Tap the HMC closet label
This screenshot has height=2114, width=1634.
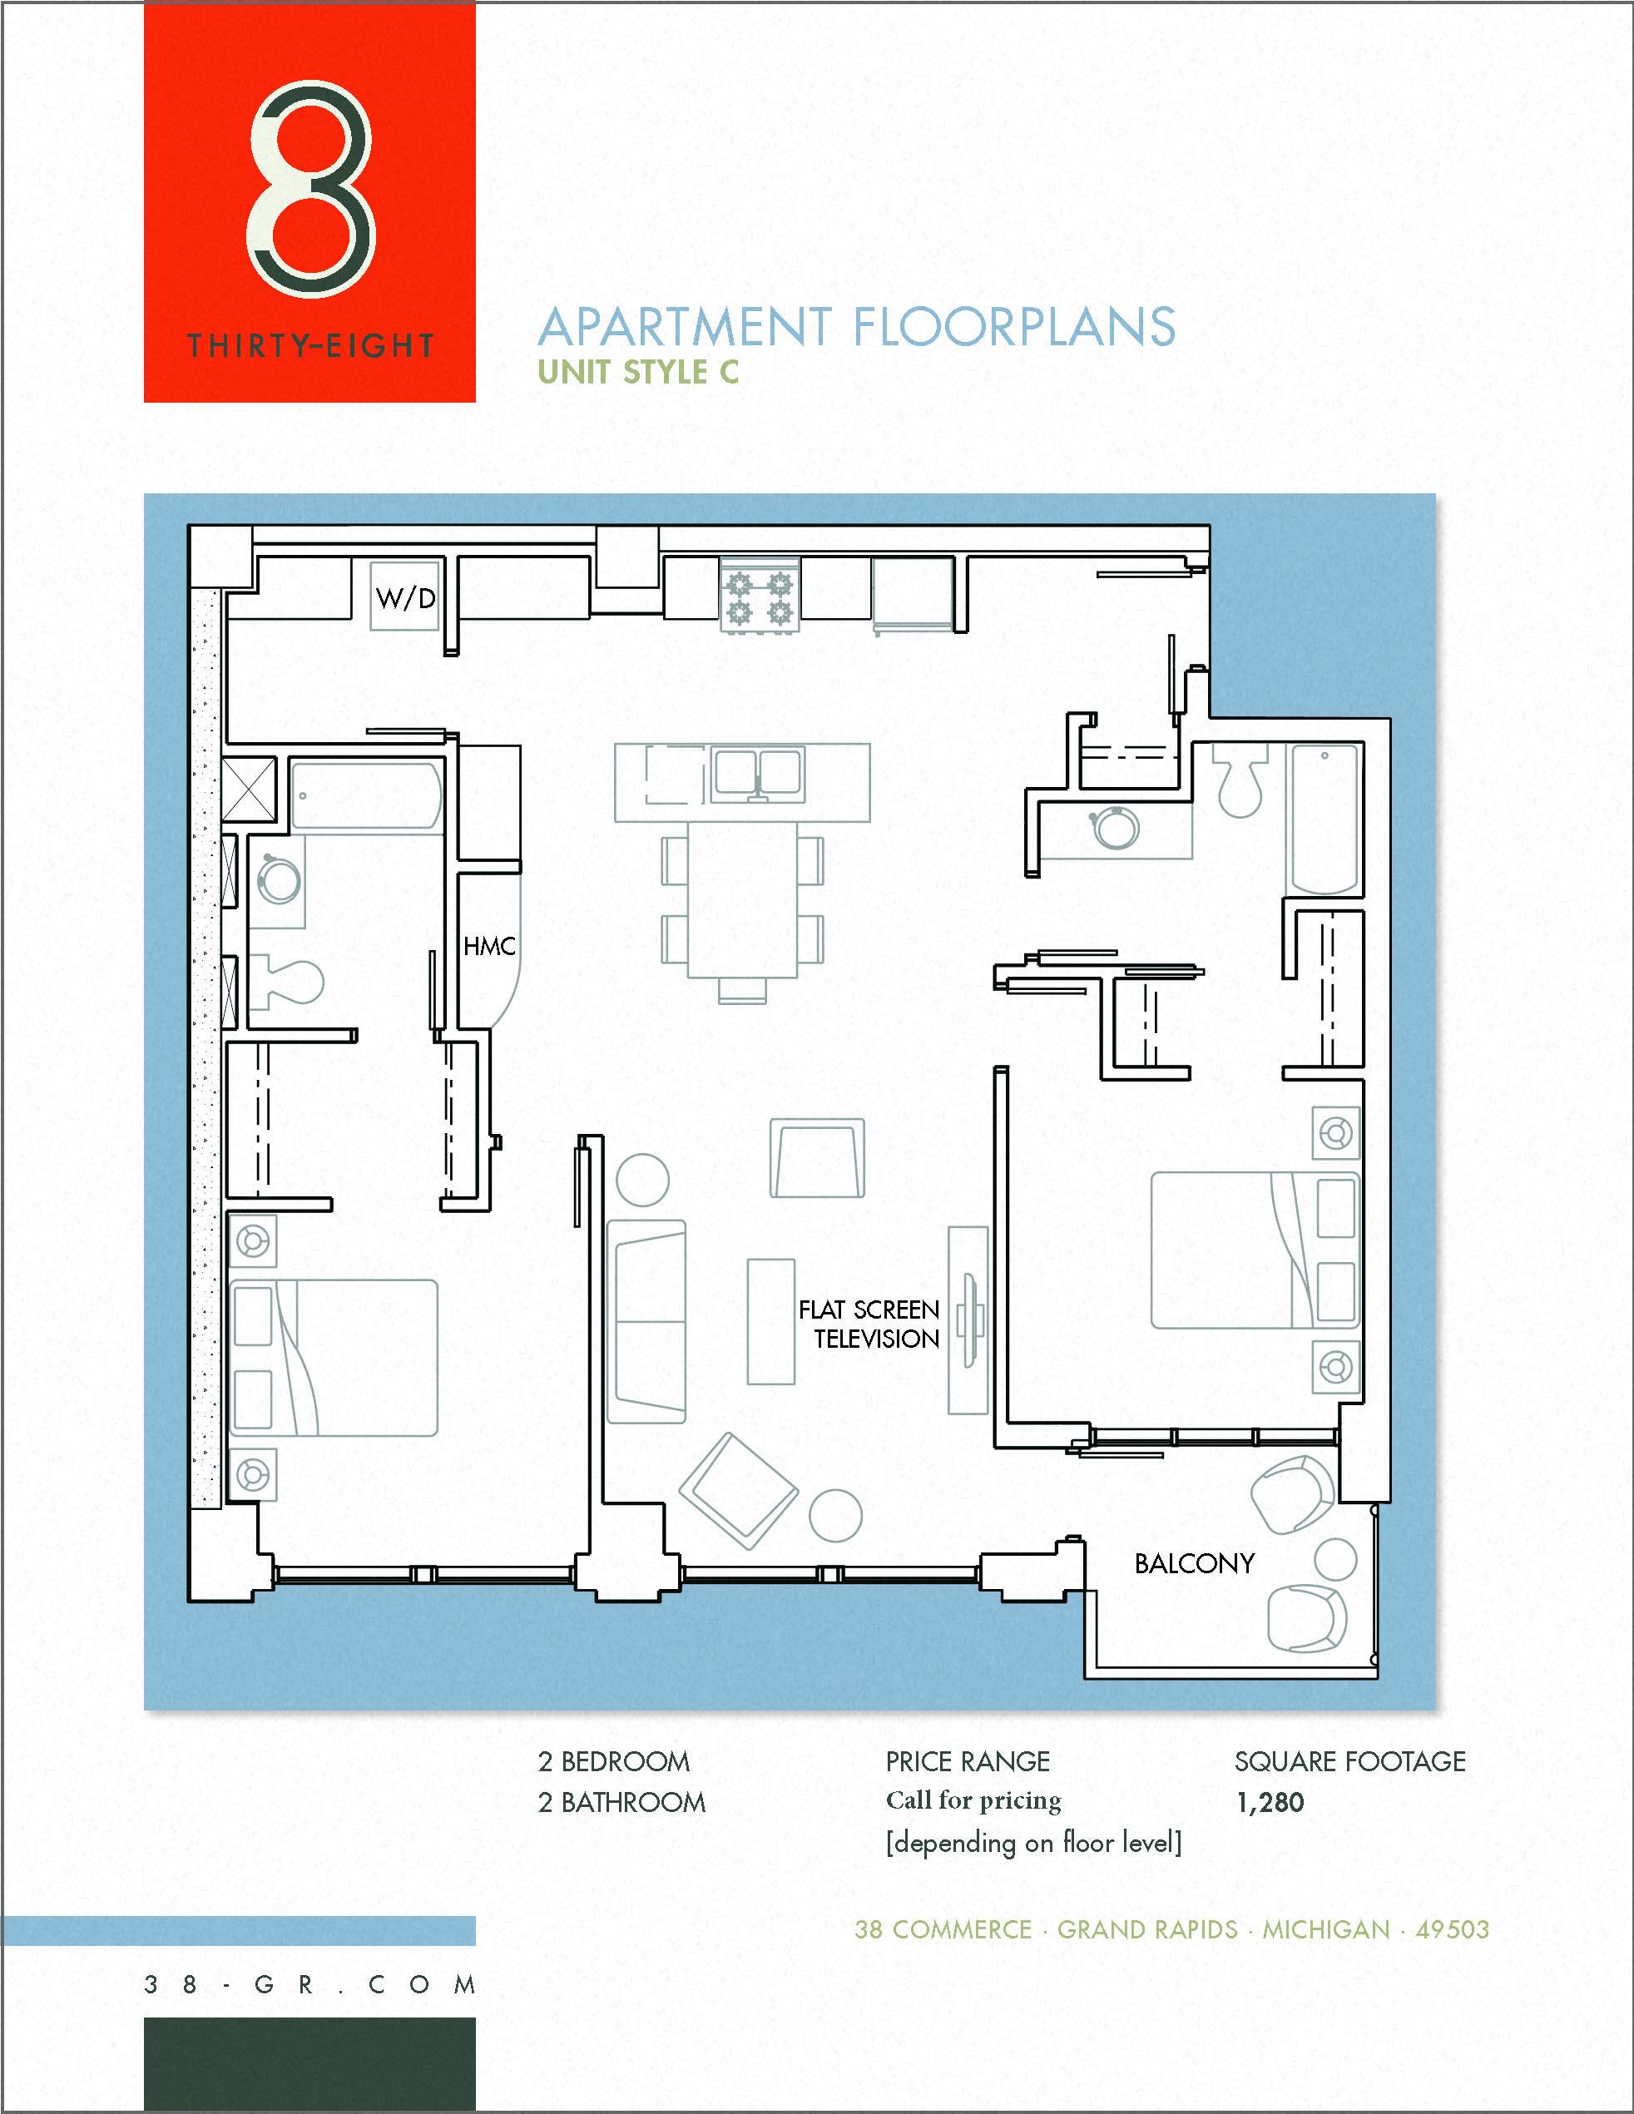489,946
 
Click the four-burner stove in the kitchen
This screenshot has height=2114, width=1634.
760,597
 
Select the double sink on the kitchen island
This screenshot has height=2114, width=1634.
758,774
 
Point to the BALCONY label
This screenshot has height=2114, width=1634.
1194,1563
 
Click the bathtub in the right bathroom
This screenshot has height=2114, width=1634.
1325,819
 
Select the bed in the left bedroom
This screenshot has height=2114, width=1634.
334,1357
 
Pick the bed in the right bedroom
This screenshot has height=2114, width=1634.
1255,1250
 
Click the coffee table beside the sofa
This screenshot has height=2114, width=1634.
770,1321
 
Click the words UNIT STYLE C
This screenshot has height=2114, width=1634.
638,372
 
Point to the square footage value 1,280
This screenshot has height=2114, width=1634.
1270,1802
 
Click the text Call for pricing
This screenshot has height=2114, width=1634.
973,1800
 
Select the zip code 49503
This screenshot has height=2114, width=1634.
1452,1929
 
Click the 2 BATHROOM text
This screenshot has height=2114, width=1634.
621,1802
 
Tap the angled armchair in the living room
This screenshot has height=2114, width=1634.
739,1491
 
